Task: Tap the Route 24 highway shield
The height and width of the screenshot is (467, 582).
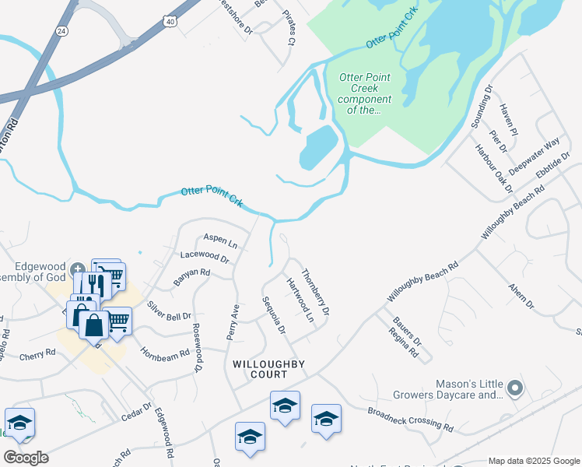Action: [61, 30]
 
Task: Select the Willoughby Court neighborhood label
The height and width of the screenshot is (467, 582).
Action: [268, 369]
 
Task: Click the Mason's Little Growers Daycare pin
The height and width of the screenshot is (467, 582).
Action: [514, 387]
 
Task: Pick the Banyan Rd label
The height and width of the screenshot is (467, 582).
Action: [191, 277]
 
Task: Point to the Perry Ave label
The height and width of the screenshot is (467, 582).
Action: [233, 320]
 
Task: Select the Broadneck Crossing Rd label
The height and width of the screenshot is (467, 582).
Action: [411, 418]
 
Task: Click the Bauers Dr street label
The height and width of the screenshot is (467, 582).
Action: [407, 331]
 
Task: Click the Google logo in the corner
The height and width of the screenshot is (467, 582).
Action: [26, 457]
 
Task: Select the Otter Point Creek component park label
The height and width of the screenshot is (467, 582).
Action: [365, 93]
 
